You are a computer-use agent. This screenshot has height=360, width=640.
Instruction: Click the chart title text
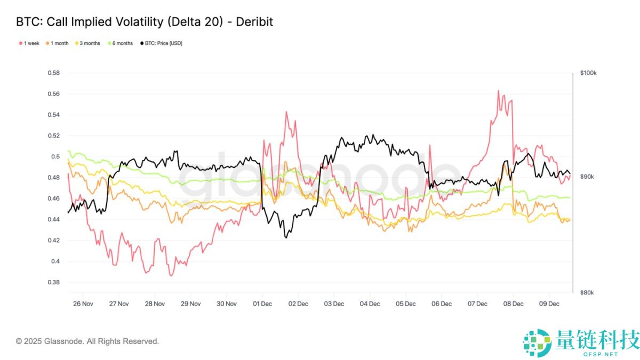click(145, 22)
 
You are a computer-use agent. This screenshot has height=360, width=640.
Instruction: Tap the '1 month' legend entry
click(59, 43)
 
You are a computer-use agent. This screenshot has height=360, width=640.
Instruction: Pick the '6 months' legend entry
click(122, 43)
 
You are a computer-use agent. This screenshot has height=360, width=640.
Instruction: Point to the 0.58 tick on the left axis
click(53, 73)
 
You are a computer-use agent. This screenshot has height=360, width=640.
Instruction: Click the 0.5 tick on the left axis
click(55, 157)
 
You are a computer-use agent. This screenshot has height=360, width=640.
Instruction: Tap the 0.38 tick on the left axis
click(53, 283)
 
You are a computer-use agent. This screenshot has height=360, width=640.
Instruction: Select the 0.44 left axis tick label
click(53, 220)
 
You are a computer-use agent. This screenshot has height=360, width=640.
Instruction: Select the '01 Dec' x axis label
click(262, 304)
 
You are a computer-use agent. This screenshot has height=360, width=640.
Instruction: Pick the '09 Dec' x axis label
click(549, 304)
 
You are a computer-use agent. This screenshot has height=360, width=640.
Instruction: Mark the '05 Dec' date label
click(405, 304)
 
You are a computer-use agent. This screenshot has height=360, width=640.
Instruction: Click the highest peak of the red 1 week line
click(498, 91)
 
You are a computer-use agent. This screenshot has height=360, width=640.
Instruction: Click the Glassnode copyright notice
click(87, 341)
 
